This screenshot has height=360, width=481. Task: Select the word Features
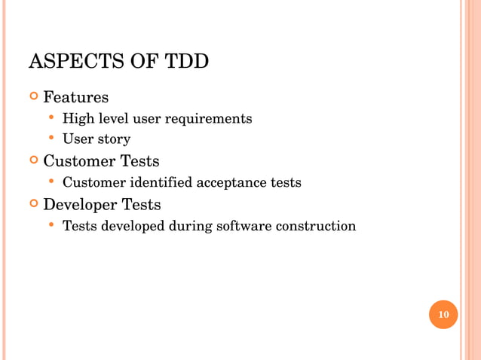click(75, 98)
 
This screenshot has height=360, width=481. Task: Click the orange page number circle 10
click(443, 314)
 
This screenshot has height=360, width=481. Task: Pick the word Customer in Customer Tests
click(79, 161)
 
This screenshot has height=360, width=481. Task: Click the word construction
click(317, 226)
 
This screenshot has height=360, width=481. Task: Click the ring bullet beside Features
click(32, 98)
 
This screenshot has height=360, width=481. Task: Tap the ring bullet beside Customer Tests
click(32, 161)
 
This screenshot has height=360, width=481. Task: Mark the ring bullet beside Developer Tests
click(32, 205)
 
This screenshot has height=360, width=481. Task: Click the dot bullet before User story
click(51, 139)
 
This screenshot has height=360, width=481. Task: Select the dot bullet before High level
click(51, 118)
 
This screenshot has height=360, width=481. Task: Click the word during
click(191, 226)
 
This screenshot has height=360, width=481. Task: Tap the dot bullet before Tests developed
click(51, 225)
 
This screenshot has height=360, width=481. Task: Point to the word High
click(76, 119)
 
